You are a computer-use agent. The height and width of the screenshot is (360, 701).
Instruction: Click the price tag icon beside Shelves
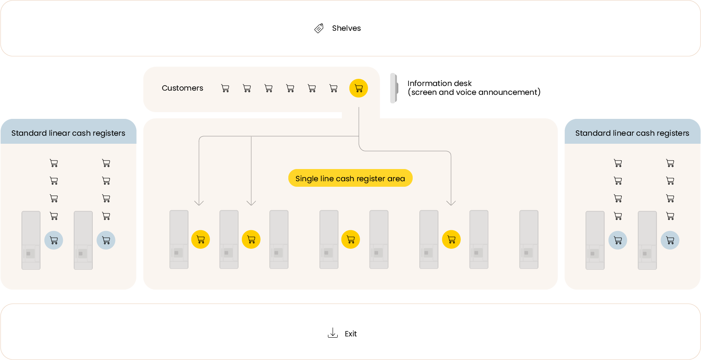[x=319, y=28]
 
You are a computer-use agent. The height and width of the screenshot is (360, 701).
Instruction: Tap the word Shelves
[x=346, y=28]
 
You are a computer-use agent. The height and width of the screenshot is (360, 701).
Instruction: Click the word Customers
[x=182, y=88]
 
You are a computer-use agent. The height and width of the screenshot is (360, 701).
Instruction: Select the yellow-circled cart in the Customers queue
[x=359, y=89]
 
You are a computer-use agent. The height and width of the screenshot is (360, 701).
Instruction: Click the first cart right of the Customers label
[x=225, y=89]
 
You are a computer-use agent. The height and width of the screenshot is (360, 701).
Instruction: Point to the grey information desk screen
[x=394, y=88]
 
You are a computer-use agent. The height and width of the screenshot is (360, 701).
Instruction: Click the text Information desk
[x=439, y=83]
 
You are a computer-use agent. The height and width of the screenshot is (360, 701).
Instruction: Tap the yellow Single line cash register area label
[x=350, y=178]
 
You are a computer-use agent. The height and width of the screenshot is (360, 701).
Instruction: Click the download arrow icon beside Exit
[x=333, y=333]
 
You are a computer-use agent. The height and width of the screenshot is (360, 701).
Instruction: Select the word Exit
[x=351, y=334]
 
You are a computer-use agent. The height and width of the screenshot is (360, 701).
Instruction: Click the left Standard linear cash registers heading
[x=68, y=133]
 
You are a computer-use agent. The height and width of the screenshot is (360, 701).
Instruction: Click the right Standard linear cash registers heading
[x=632, y=133]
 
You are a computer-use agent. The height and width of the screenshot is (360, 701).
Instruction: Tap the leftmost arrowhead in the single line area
[x=199, y=203]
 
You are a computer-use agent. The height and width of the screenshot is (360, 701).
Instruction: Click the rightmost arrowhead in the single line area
[x=451, y=203]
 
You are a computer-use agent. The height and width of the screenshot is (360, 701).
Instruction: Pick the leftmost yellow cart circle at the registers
[x=201, y=239]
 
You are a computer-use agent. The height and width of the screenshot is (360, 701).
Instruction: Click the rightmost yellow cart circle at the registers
[x=451, y=239]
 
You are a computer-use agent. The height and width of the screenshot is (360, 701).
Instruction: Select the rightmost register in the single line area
[x=529, y=239]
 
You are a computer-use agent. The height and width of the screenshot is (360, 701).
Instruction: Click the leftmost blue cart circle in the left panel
[x=54, y=240]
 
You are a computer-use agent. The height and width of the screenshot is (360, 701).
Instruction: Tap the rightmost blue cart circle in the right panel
[x=670, y=240]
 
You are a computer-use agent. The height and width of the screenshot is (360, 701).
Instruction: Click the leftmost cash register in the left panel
[x=31, y=240]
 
